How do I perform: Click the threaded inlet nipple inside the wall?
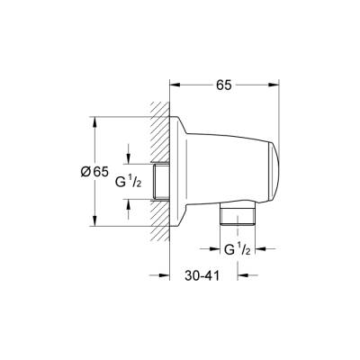(161, 181)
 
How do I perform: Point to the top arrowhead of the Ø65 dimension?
(96, 121)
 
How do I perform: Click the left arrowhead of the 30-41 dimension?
(175, 275)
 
